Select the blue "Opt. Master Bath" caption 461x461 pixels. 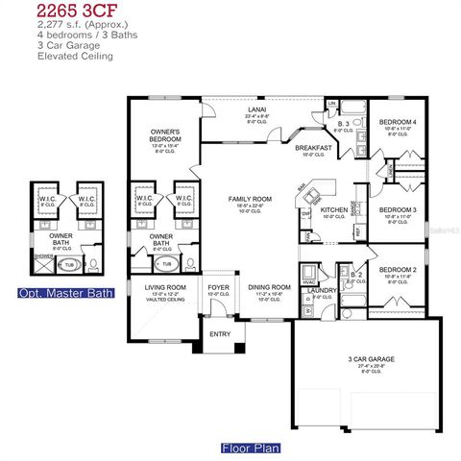(x=64, y=292)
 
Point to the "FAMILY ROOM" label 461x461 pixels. (x=250, y=199)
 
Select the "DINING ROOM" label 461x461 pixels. (x=270, y=287)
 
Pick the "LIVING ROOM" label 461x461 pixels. (x=165, y=287)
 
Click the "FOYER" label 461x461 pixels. (x=219, y=286)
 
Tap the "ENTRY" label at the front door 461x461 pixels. (x=220, y=334)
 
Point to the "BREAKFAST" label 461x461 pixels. (x=314, y=148)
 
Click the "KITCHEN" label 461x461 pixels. (x=333, y=209)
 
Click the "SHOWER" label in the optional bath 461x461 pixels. (x=44, y=256)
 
